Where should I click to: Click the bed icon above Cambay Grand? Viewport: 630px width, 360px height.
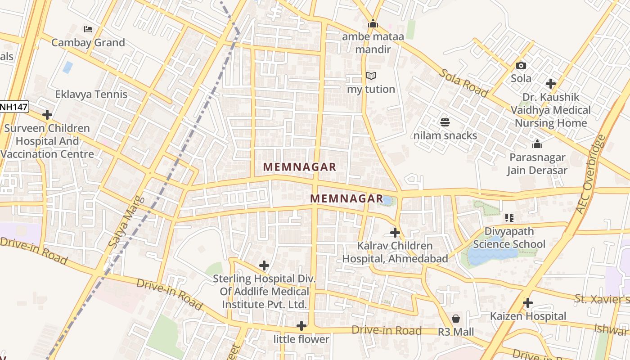pyautogui.click(x=88, y=29)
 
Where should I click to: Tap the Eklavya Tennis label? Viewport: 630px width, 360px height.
pyautogui.click(x=91, y=94)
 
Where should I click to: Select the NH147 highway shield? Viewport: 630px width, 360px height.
pyautogui.click(x=14, y=107)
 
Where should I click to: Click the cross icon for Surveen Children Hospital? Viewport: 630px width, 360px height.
pyautogui.click(x=47, y=115)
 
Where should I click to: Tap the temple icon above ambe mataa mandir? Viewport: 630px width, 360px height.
pyautogui.click(x=373, y=23)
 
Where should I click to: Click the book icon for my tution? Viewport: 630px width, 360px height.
pyautogui.click(x=371, y=76)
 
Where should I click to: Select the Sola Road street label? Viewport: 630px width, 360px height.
pyautogui.click(x=463, y=83)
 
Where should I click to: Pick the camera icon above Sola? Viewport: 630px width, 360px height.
pyautogui.click(x=521, y=65)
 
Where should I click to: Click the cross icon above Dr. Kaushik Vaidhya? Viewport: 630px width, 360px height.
pyautogui.click(x=550, y=84)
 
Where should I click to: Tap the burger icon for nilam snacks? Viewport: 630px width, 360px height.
pyautogui.click(x=445, y=122)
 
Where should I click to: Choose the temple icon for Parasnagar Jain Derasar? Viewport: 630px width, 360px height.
pyautogui.click(x=537, y=144)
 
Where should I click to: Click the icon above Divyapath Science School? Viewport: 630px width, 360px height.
pyautogui.click(x=509, y=218)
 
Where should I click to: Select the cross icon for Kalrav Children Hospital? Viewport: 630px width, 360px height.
pyautogui.click(x=395, y=233)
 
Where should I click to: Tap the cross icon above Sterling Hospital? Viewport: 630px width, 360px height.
pyautogui.click(x=264, y=265)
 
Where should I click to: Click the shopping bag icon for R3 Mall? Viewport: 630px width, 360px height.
pyautogui.click(x=456, y=319)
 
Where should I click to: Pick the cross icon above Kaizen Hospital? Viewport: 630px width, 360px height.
pyautogui.click(x=528, y=303)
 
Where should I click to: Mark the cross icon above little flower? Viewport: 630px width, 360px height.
pyautogui.click(x=301, y=326)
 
